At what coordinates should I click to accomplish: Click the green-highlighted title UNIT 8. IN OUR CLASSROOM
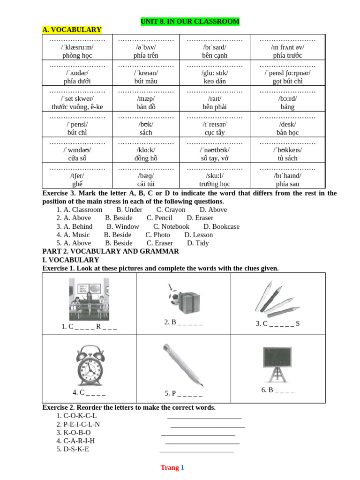tap(190, 22)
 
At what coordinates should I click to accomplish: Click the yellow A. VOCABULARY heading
tap(72, 30)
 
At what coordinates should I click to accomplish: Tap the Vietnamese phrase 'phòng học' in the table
tap(77, 55)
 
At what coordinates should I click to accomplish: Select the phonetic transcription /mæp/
tap(146, 98)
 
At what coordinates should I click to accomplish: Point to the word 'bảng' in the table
tap(287, 107)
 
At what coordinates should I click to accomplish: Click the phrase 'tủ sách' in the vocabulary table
tap(287, 158)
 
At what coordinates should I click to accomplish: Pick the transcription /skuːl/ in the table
tap(215, 176)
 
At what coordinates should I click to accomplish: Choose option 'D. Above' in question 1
tap(213, 210)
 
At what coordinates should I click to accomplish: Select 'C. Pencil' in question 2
tap(159, 218)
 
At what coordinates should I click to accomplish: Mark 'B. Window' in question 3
tap(123, 226)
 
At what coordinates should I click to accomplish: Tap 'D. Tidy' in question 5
tap(198, 243)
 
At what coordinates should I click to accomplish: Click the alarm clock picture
tap(89, 366)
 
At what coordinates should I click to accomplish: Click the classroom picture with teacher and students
tap(89, 300)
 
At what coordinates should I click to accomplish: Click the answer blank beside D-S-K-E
tap(196, 450)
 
